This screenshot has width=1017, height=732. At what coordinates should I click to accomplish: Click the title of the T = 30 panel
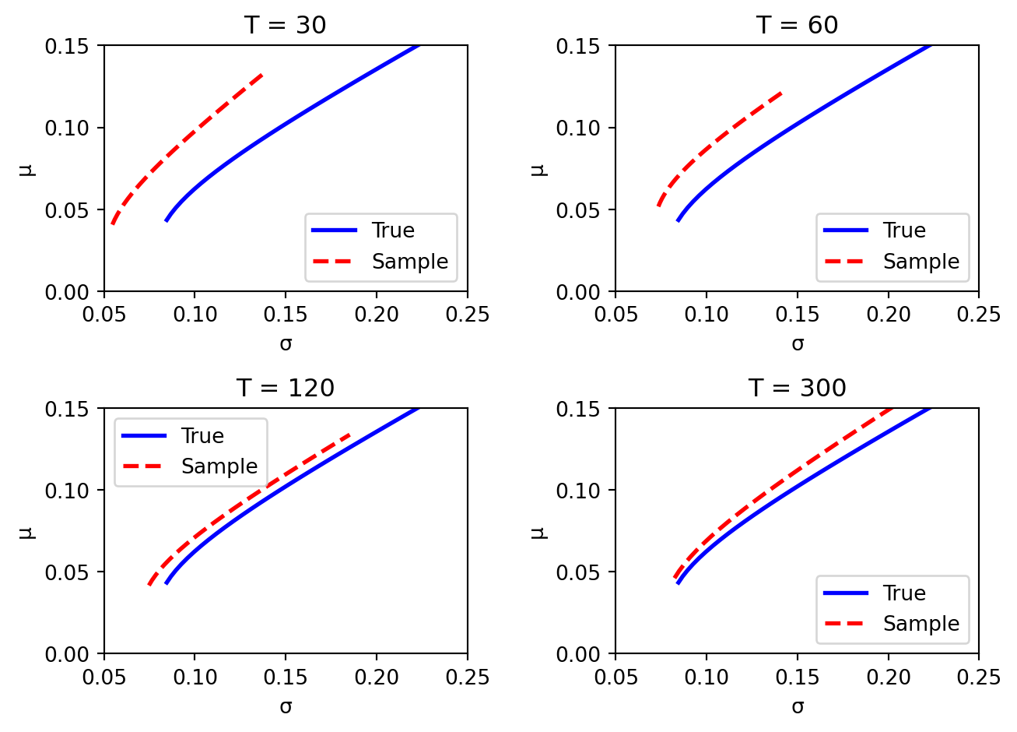point(286,25)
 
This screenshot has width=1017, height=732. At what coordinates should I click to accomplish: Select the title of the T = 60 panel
point(797,25)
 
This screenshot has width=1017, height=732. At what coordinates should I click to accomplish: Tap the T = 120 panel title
point(286,388)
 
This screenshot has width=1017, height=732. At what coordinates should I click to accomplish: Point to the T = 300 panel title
point(797,388)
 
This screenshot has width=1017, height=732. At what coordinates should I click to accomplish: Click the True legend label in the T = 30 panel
point(393,231)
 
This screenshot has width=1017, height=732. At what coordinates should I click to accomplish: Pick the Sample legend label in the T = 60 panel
point(921,262)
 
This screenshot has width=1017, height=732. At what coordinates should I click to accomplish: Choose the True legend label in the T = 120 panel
point(202,436)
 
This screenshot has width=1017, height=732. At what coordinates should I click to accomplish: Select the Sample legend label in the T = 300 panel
point(921,624)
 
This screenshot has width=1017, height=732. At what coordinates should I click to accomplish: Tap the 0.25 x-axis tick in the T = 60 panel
point(978,315)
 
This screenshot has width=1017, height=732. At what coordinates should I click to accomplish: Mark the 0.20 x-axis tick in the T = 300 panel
point(888,677)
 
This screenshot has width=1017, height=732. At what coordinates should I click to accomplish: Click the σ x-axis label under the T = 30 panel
point(286,343)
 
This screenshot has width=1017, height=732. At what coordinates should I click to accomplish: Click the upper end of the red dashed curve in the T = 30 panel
point(262,75)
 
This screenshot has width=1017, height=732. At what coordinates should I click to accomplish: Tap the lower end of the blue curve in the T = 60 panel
point(678,221)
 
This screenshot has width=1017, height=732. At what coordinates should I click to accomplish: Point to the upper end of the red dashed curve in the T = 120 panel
point(351,435)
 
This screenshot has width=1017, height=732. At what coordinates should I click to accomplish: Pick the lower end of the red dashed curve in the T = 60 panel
point(658,206)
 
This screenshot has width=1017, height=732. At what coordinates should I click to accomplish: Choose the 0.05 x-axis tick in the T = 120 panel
point(104,677)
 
